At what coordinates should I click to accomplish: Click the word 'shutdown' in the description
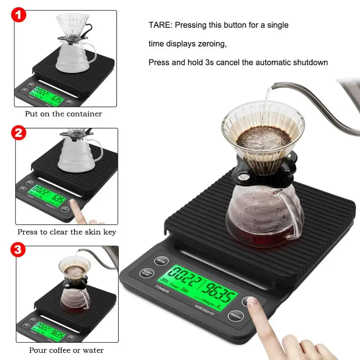click(x=311, y=62)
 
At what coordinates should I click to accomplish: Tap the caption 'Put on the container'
click(x=63, y=114)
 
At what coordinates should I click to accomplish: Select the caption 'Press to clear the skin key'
click(x=67, y=232)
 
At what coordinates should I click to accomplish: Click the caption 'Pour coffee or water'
click(x=66, y=350)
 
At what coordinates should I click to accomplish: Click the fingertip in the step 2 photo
click(x=74, y=206)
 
